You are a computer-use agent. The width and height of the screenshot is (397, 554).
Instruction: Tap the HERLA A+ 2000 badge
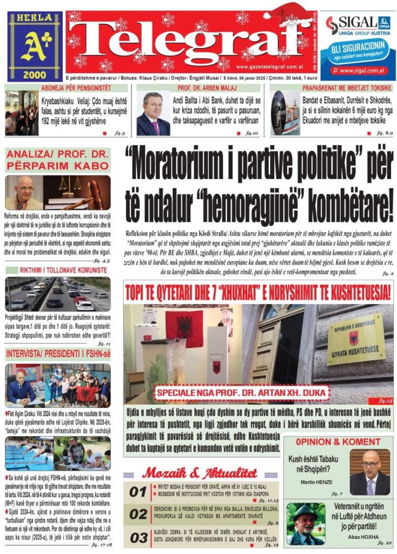tap(35, 47)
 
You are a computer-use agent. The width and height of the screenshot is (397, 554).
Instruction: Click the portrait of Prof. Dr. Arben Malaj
tap(153, 113)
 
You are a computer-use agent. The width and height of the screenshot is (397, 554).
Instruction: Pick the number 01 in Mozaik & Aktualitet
tap(138, 491)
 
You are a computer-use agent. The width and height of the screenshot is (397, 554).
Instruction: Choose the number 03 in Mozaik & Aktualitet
tap(138, 537)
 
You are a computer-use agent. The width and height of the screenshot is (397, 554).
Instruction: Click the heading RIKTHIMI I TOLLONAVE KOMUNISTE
tap(58, 270)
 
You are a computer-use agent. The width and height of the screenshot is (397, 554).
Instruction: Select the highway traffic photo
tap(58, 294)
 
